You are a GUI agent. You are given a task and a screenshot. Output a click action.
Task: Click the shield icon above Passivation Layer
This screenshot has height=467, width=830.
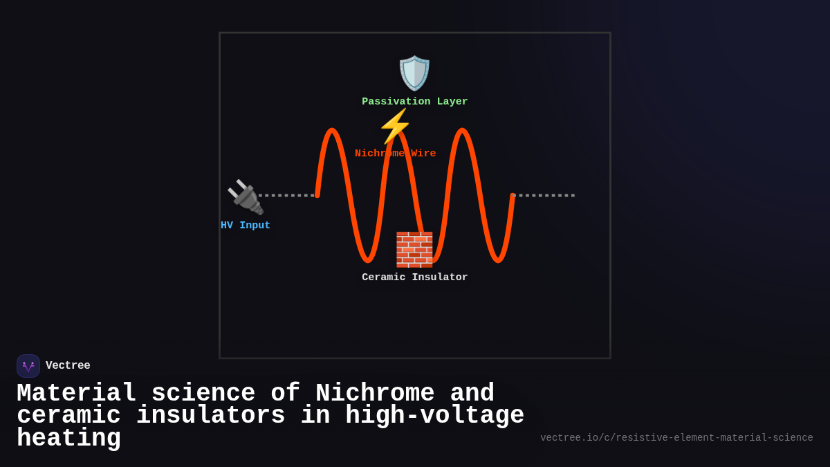(x=414, y=73)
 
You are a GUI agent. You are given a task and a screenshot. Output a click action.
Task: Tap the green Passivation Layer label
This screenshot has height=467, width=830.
(x=414, y=102)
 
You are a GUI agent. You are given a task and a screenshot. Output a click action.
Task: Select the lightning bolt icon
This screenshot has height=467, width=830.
(x=395, y=126)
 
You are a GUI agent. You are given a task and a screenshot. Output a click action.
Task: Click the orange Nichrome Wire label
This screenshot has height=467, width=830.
(x=395, y=154)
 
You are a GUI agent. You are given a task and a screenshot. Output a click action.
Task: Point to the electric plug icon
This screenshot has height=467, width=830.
(x=245, y=197)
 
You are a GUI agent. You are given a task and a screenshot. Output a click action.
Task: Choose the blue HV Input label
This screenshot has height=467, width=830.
(x=246, y=226)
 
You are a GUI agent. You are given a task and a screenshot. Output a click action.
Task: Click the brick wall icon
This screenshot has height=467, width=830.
(x=414, y=250)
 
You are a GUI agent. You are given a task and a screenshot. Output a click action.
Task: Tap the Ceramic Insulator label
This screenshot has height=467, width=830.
(x=414, y=277)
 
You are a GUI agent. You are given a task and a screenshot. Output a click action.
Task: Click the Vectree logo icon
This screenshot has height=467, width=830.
(x=28, y=366)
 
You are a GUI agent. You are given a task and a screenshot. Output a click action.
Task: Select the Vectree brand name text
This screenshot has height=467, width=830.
(x=68, y=366)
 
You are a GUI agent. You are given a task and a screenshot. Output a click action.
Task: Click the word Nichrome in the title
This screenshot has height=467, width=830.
(x=375, y=394)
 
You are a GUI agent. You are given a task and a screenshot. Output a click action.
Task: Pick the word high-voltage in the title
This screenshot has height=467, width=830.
(x=434, y=416)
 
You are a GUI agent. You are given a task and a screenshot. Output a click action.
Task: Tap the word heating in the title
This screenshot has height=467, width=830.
(x=68, y=439)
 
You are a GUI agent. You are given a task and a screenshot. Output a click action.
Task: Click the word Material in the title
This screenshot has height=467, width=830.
(x=76, y=394)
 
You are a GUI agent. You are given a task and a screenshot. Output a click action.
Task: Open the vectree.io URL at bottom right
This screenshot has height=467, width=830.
(x=676, y=438)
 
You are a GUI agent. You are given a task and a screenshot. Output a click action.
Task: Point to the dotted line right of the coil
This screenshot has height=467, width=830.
(x=544, y=195)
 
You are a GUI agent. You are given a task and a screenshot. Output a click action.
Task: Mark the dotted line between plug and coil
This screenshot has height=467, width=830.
(x=286, y=195)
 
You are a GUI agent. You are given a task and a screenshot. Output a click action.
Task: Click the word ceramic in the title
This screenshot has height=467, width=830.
(x=68, y=416)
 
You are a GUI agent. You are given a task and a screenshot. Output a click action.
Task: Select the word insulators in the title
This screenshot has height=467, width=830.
(x=210, y=416)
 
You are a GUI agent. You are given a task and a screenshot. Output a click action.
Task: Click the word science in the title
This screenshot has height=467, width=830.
(x=203, y=394)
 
